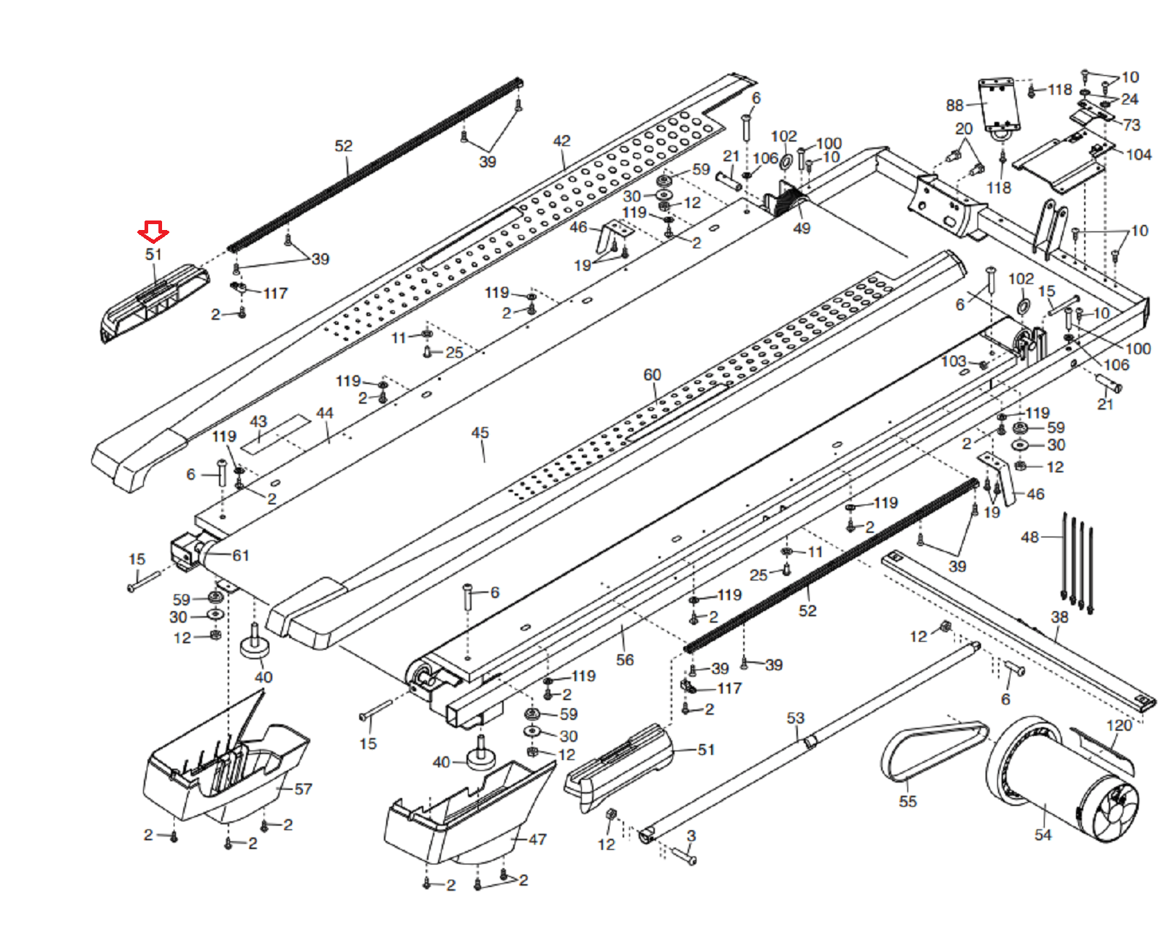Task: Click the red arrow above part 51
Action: tap(153, 232)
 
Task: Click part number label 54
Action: tap(1043, 834)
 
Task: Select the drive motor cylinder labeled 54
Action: tap(1058, 781)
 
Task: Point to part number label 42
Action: tap(561, 141)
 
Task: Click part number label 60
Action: tap(652, 375)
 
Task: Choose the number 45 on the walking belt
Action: tap(480, 433)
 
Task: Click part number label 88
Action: tap(955, 105)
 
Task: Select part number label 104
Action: tap(1139, 155)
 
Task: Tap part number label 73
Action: tap(1131, 125)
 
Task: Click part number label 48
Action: tap(1029, 537)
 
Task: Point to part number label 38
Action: tap(1059, 617)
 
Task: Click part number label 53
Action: tap(795, 718)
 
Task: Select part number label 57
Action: tap(303, 789)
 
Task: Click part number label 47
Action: tap(537, 840)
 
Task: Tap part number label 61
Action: tap(241, 556)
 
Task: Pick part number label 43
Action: tap(258, 422)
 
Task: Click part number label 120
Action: tap(1119, 725)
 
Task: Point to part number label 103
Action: tap(953, 361)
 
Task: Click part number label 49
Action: tap(802, 229)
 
